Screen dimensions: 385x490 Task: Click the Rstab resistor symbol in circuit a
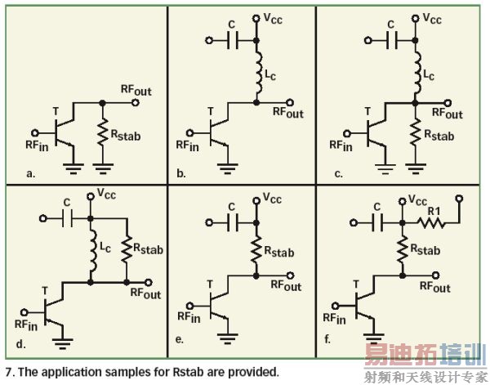102,131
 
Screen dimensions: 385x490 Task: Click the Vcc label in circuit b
276,16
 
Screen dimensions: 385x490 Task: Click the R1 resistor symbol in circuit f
434,221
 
